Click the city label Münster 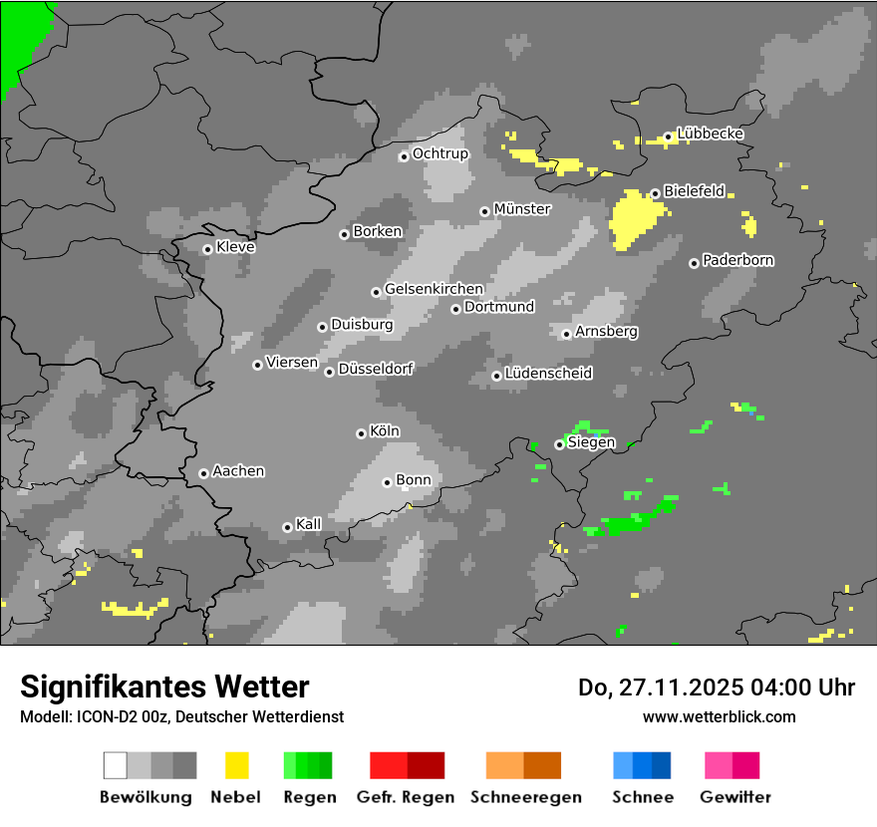522,209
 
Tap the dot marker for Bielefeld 655,193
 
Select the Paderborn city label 738,261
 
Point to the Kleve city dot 207,249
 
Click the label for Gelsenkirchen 434,290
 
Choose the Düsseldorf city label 376,369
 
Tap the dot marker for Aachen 203,473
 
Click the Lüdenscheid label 548,374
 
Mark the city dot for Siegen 559,444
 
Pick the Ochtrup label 440,154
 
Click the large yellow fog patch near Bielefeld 635,218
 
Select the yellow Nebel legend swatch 236,765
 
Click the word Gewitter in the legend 735,797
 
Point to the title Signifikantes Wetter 164,687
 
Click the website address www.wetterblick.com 720,716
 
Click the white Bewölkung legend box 115,765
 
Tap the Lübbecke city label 711,134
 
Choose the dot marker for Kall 287,527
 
